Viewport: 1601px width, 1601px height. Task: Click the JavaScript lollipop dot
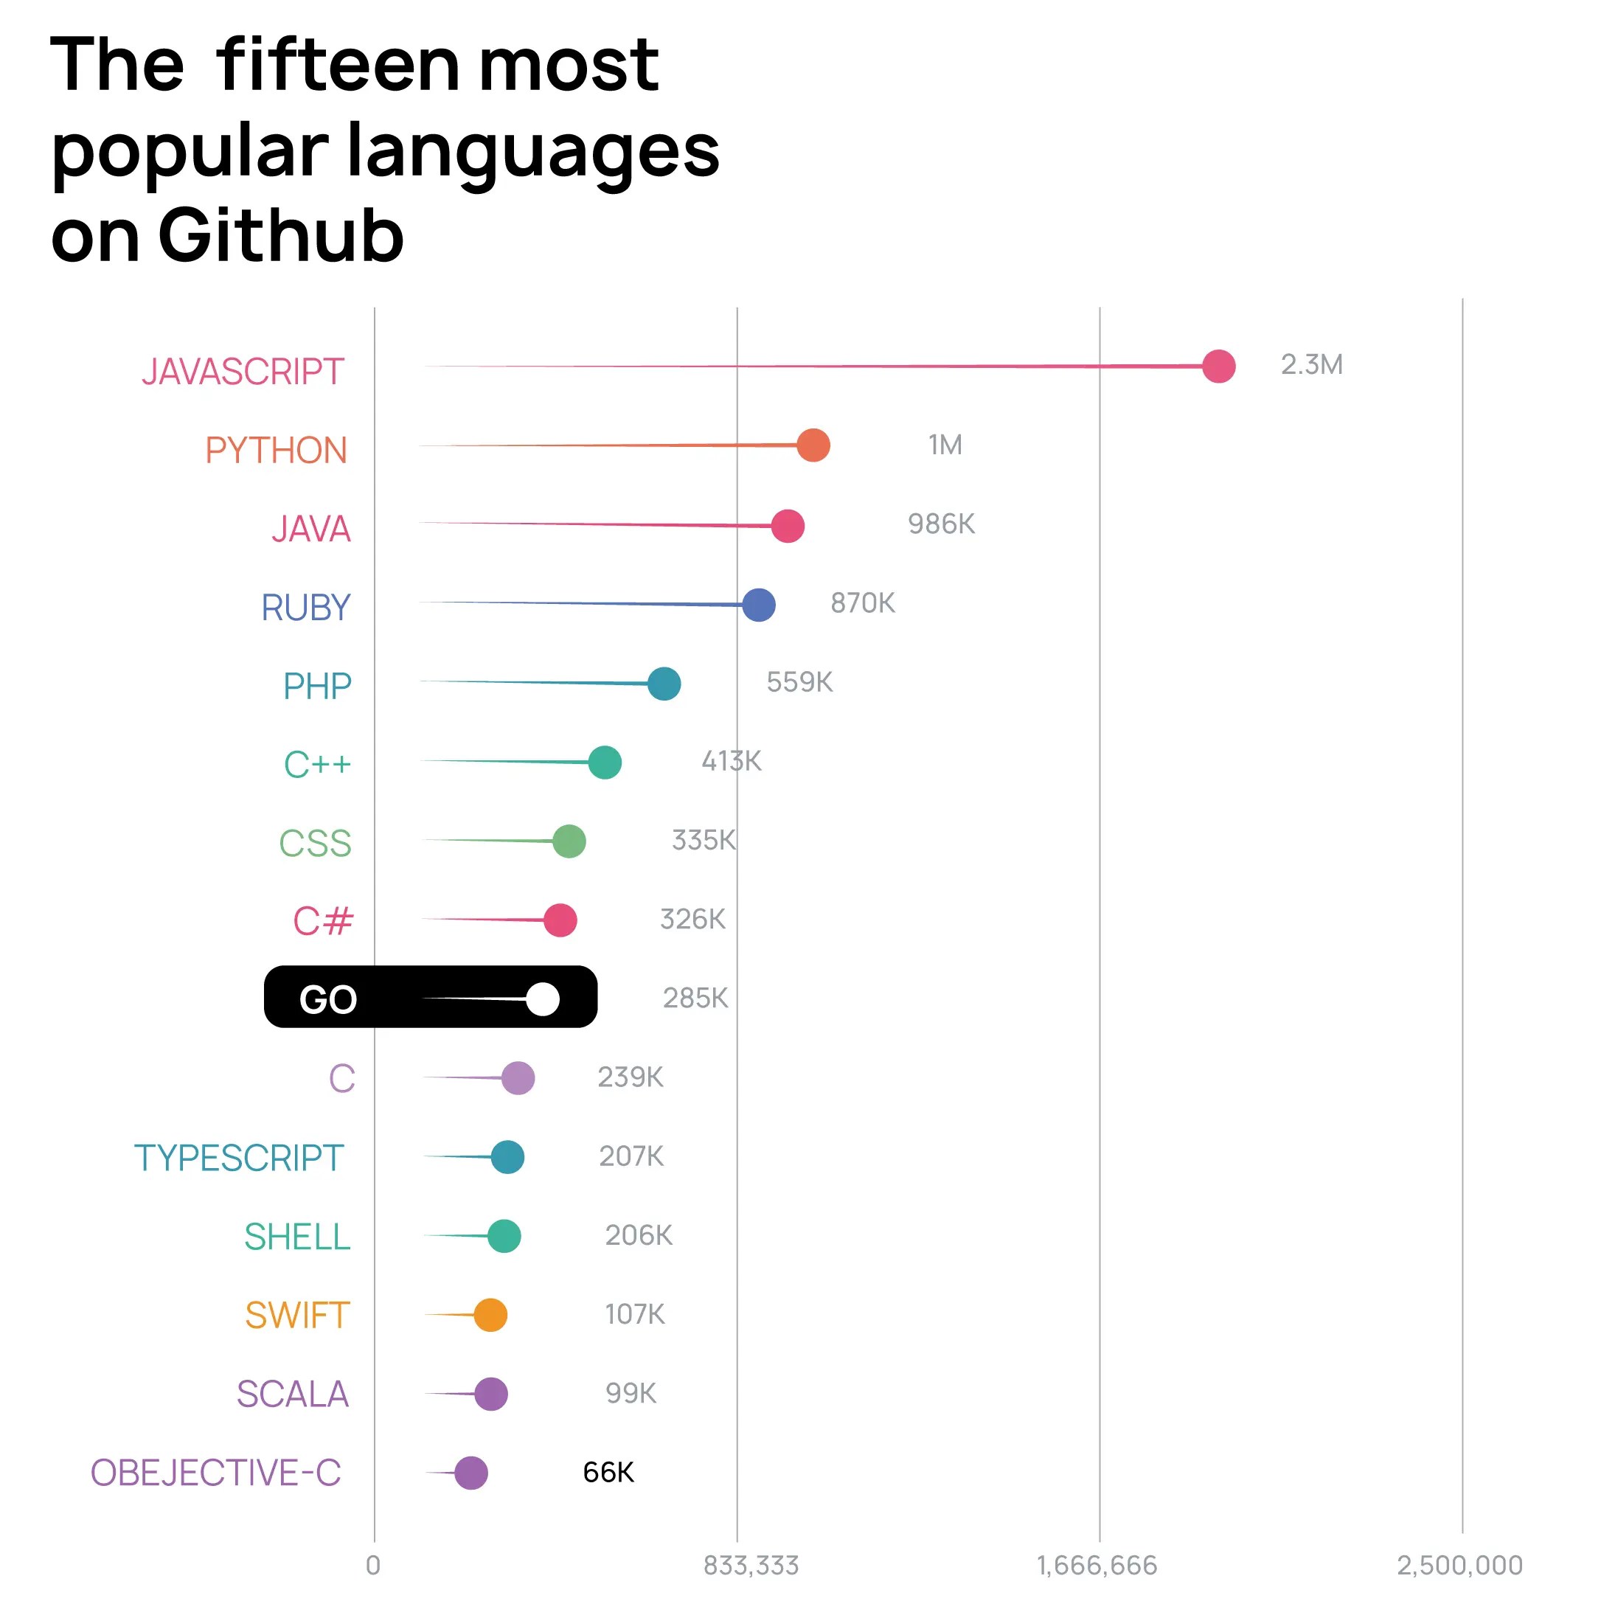point(1218,367)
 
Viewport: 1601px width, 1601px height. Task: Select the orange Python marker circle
point(813,446)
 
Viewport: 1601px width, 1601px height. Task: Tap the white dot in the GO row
point(543,999)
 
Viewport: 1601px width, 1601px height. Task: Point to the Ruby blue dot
point(758,605)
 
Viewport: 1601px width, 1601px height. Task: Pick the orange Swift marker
point(490,1315)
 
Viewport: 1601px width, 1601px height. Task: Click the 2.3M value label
point(1311,364)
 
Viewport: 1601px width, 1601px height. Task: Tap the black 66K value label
point(608,1473)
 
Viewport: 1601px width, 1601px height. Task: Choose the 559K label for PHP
point(799,682)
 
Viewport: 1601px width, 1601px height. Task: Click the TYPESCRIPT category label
point(239,1158)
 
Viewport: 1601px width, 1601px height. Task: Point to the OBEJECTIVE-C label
point(215,1473)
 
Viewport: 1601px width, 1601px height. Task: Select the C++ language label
point(317,764)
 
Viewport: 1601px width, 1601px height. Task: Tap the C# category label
point(323,920)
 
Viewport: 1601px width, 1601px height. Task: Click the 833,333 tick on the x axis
point(751,1566)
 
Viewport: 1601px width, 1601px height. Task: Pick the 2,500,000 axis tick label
point(1459,1566)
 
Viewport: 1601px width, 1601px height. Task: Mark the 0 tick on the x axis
point(374,1566)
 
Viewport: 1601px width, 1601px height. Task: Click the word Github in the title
point(280,235)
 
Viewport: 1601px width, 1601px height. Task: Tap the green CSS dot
point(569,841)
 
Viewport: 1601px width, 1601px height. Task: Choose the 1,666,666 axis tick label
point(1097,1566)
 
